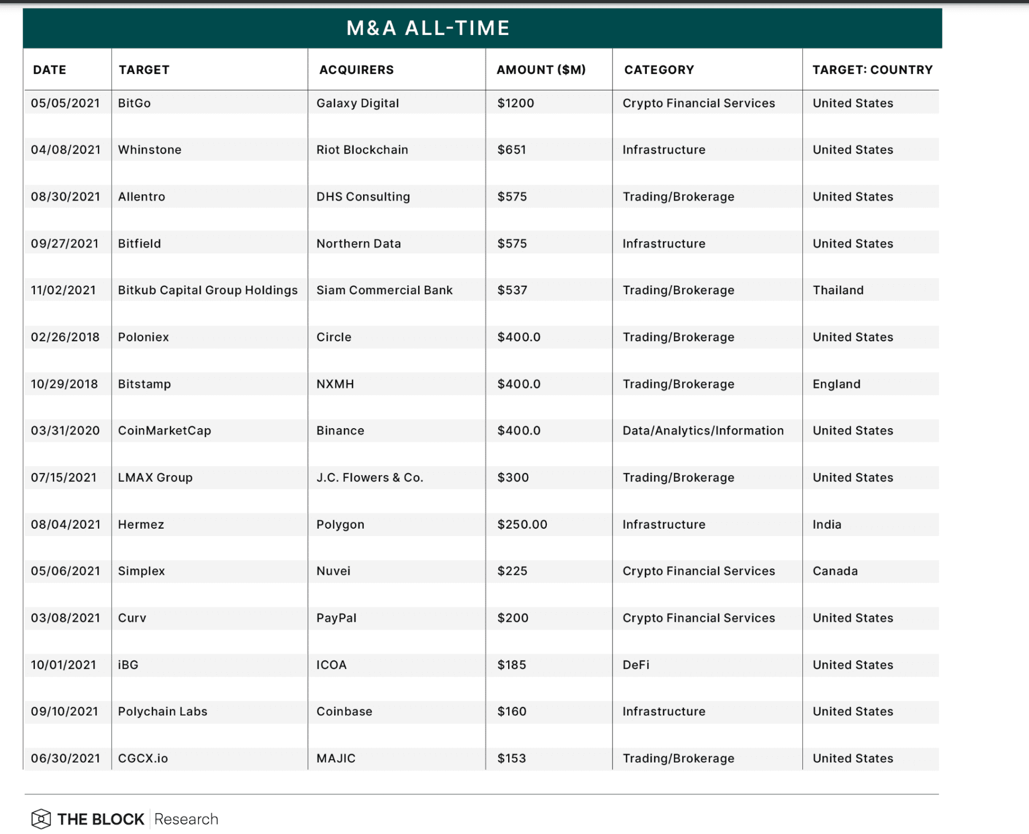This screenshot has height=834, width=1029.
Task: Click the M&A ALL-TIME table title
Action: tap(428, 28)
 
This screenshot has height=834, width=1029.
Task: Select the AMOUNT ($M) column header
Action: tap(540, 70)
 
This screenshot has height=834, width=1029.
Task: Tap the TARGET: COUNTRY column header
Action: tap(872, 70)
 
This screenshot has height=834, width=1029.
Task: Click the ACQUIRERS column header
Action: tap(356, 70)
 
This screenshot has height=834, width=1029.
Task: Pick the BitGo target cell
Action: tap(134, 103)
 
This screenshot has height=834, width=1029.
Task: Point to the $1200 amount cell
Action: tap(516, 103)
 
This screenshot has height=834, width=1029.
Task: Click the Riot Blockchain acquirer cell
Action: tap(362, 150)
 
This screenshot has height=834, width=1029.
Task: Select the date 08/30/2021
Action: tap(65, 197)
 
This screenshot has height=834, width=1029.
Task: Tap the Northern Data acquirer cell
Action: tap(358, 243)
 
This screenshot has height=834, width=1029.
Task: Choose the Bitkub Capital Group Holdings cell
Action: tap(207, 290)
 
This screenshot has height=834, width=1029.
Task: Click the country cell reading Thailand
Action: tap(838, 290)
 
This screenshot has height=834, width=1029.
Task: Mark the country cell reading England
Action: tap(836, 384)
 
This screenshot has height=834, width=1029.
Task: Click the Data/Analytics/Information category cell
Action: tap(703, 431)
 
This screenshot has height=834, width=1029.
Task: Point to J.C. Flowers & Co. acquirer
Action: tap(369, 477)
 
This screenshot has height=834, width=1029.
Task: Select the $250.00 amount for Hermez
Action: tap(522, 524)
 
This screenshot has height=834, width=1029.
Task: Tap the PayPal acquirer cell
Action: tap(336, 618)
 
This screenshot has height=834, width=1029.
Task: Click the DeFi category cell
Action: tap(636, 665)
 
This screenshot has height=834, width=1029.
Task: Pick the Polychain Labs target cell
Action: tap(163, 711)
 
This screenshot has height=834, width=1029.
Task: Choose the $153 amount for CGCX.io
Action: tap(511, 758)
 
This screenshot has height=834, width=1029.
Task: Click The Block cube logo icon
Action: tap(41, 819)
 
